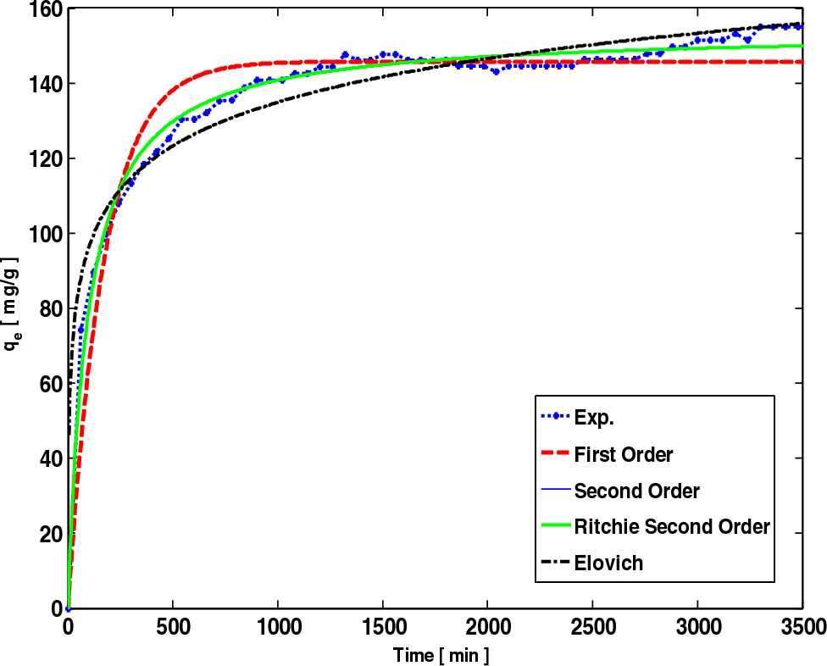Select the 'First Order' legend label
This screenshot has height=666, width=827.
coord(623,455)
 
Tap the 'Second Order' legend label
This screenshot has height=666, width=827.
coord(636,491)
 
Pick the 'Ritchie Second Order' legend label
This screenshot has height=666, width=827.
coord(671,527)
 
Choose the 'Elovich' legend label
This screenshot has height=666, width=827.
coord(608,563)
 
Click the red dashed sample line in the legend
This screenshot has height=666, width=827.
coord(554,455)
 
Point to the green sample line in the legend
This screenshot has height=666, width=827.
coord(554,527)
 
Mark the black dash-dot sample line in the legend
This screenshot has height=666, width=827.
coord(554,563)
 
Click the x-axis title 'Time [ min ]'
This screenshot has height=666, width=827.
coord(441,655)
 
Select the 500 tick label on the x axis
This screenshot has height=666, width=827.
coord(173,627)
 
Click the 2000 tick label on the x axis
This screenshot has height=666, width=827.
coord(487,627)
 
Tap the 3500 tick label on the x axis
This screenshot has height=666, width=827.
coord(801,627)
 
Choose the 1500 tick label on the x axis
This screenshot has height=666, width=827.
coord(382,627)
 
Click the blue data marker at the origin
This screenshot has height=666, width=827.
coord(68,608)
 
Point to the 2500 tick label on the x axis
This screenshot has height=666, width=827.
coord(592,627)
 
